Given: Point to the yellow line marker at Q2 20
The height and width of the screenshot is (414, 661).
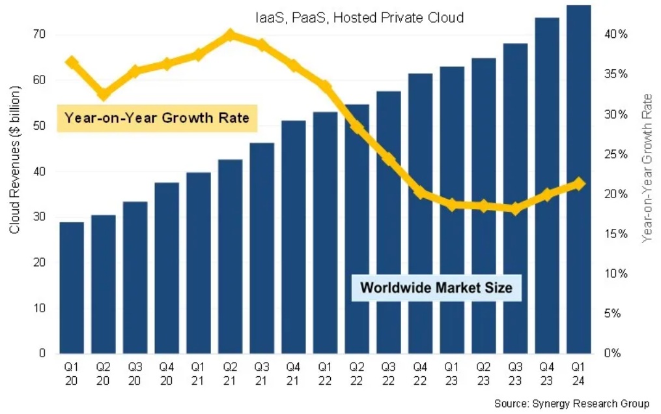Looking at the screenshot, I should pos(104,94).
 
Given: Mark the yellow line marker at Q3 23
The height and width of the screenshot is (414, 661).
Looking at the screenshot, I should pos(515,209).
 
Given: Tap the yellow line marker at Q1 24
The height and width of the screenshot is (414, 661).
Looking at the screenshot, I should pos(579,185).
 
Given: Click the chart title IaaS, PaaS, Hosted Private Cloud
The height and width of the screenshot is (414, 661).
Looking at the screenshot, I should pos(359,18).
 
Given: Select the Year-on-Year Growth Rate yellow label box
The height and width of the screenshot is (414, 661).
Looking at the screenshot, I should pos(157,118).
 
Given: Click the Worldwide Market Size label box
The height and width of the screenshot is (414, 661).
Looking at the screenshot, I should pos(436,287).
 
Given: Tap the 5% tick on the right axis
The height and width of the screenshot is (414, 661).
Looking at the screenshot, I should pos(616,314).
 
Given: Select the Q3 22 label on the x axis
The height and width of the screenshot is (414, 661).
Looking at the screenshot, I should pos(388,372).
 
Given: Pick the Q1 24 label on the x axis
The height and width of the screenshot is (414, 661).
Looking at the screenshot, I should pos(578,372).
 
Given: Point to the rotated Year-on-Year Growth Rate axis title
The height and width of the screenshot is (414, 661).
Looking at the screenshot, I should pos(647,168).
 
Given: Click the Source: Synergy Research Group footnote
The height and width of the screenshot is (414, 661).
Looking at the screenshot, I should pos(571,404).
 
